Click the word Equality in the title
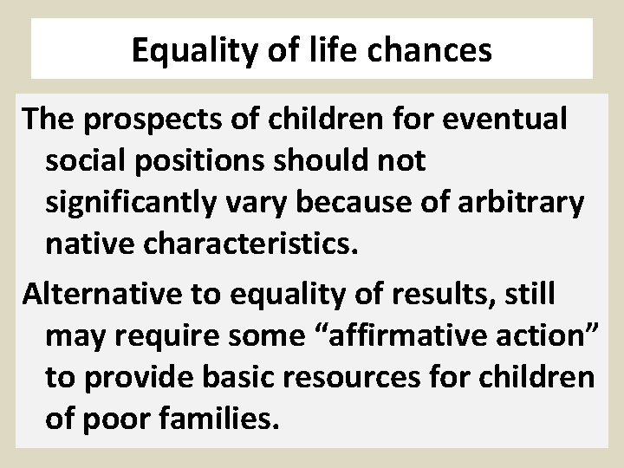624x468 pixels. pyautogui.click(x=195, y=51)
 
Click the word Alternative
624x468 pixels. pyautogui.click(x=103, y=293)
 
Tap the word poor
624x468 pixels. pyautogui.click(x=120, y=419)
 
